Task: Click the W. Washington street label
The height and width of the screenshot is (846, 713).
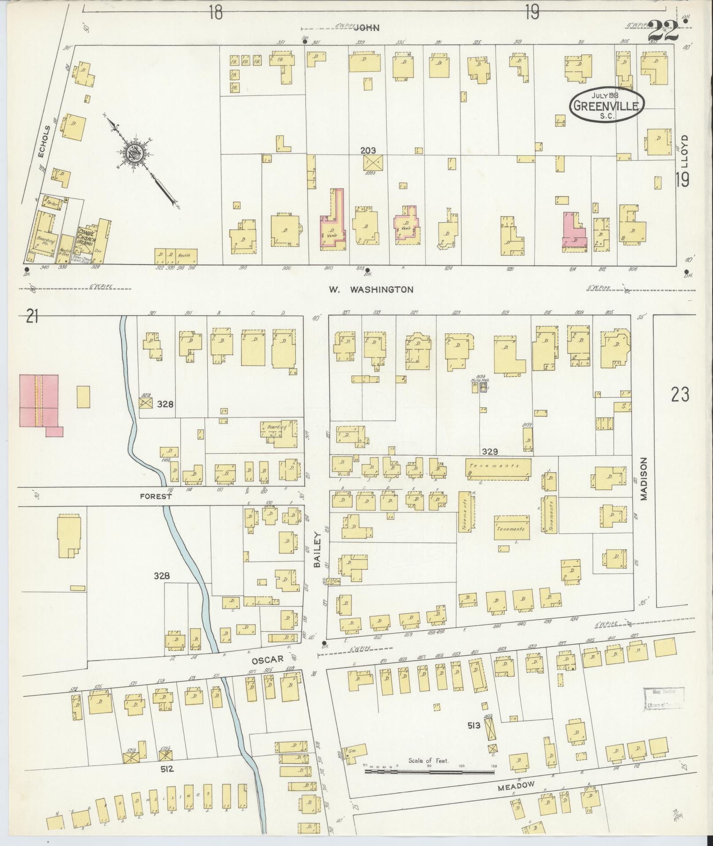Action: (x=371, y=290)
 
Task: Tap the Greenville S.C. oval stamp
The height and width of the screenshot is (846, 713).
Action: (x=606, y=104)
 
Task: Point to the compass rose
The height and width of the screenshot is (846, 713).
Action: (x=134, y=153)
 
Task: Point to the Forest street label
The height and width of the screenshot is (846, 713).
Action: (x=155, y=497)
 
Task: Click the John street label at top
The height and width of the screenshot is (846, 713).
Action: (x=367, y=28)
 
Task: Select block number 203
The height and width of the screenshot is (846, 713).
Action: (x=368, y=151)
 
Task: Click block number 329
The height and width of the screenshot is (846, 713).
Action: (x=490, y=452)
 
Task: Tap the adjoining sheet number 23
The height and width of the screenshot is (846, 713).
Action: (x=679, y=394)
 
